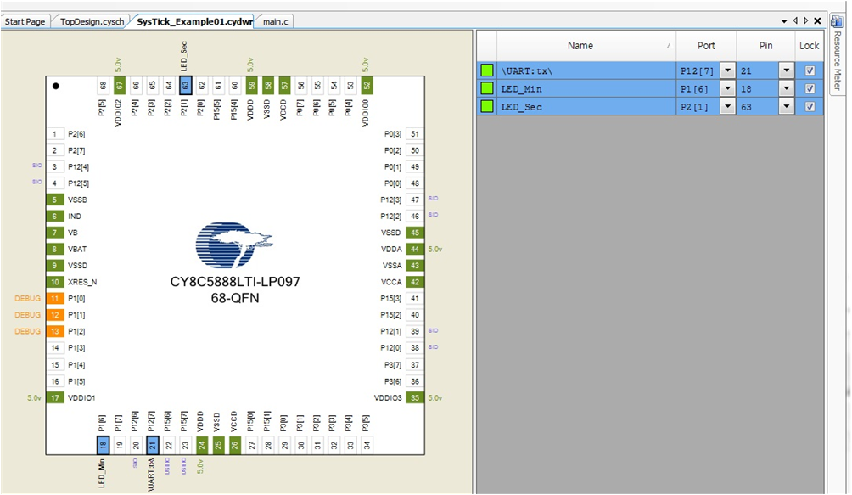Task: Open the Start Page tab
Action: tap(25, 21)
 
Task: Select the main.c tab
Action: tap(277, 21)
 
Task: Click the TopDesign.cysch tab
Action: tap(92, 21)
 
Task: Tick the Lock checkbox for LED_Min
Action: tap(810, 88)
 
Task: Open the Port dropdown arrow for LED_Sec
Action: tap(727, 106)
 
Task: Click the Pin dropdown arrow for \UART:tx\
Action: tap(787, 70)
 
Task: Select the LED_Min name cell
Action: tap(586, 88)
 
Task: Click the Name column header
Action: tap(580, 46)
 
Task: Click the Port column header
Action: tap(706, 46)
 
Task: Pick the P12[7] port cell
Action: tap(697, 70)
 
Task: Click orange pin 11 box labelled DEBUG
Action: tap(55, 298)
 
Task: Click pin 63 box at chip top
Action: tap(185, 85)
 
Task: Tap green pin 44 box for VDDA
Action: tap(415, 249)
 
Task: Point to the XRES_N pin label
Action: tap(82, 282)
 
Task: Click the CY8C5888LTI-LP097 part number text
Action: tap(235, 281)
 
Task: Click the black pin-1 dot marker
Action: tap(56, 86)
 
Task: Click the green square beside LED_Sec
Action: tap(487, 106)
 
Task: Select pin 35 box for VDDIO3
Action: tap(415, 397)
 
